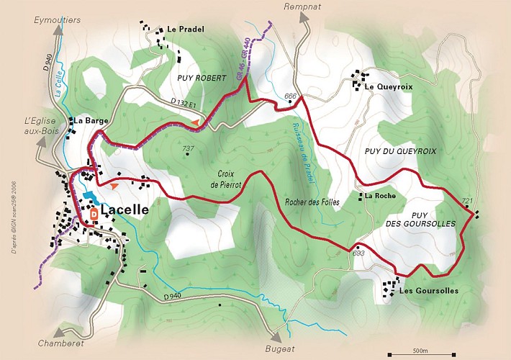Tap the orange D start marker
[x=94, y=214]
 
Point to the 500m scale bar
[x=421, y=354]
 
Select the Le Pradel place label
[x=186, y=30]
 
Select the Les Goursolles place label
[x=428, y=291]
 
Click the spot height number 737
[x=189, y=150]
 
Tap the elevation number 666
[x=291, y=96]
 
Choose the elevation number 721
[x=467, y=201]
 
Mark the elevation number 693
[x=359, y=253]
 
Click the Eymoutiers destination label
[x=58, y=21]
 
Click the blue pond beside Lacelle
[x=89, y=197]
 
